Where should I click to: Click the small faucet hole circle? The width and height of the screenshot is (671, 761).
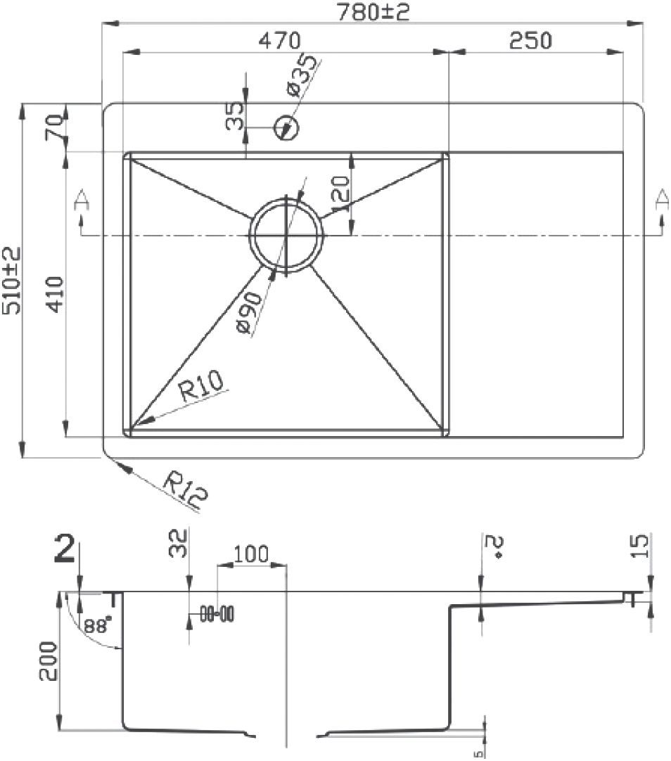(x=287, y=128)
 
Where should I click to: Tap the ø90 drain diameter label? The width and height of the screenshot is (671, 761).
(x=250, y=312)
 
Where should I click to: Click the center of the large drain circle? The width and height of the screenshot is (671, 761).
(x=287, y=236)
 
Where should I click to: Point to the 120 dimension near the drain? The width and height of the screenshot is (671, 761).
(x=339, y=195)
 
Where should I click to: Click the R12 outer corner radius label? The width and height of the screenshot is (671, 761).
(x=185, y=490)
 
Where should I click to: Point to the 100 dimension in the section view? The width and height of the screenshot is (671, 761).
(x=251, y=554)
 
